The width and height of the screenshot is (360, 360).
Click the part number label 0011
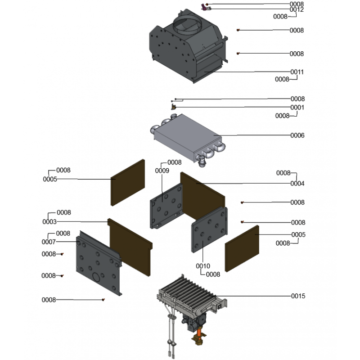(x=297, y=72)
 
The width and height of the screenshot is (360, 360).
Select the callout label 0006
(x=297, y=135)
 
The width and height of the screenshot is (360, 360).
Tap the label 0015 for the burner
(x=298, y=296)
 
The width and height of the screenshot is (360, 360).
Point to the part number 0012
(x=297, y=9)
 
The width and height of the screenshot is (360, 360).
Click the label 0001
(x=297, y=107)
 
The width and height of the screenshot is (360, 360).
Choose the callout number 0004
(x=297, y=184)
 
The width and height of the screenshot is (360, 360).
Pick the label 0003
(x=49, y=221)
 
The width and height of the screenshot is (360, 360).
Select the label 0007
(x=49, y=242)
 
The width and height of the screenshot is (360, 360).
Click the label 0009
(x=162, y=171)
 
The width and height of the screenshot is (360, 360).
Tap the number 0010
(x=203, y=266)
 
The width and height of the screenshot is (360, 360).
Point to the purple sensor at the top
(x=203, y=7)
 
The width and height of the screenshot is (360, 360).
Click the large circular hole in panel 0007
(x=96, y=277)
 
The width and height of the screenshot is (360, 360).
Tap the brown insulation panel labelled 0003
(x=130, y=247)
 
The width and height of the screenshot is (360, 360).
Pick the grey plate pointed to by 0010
(x=209, y=229)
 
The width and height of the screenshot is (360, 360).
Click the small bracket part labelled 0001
(x=173, y=107)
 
